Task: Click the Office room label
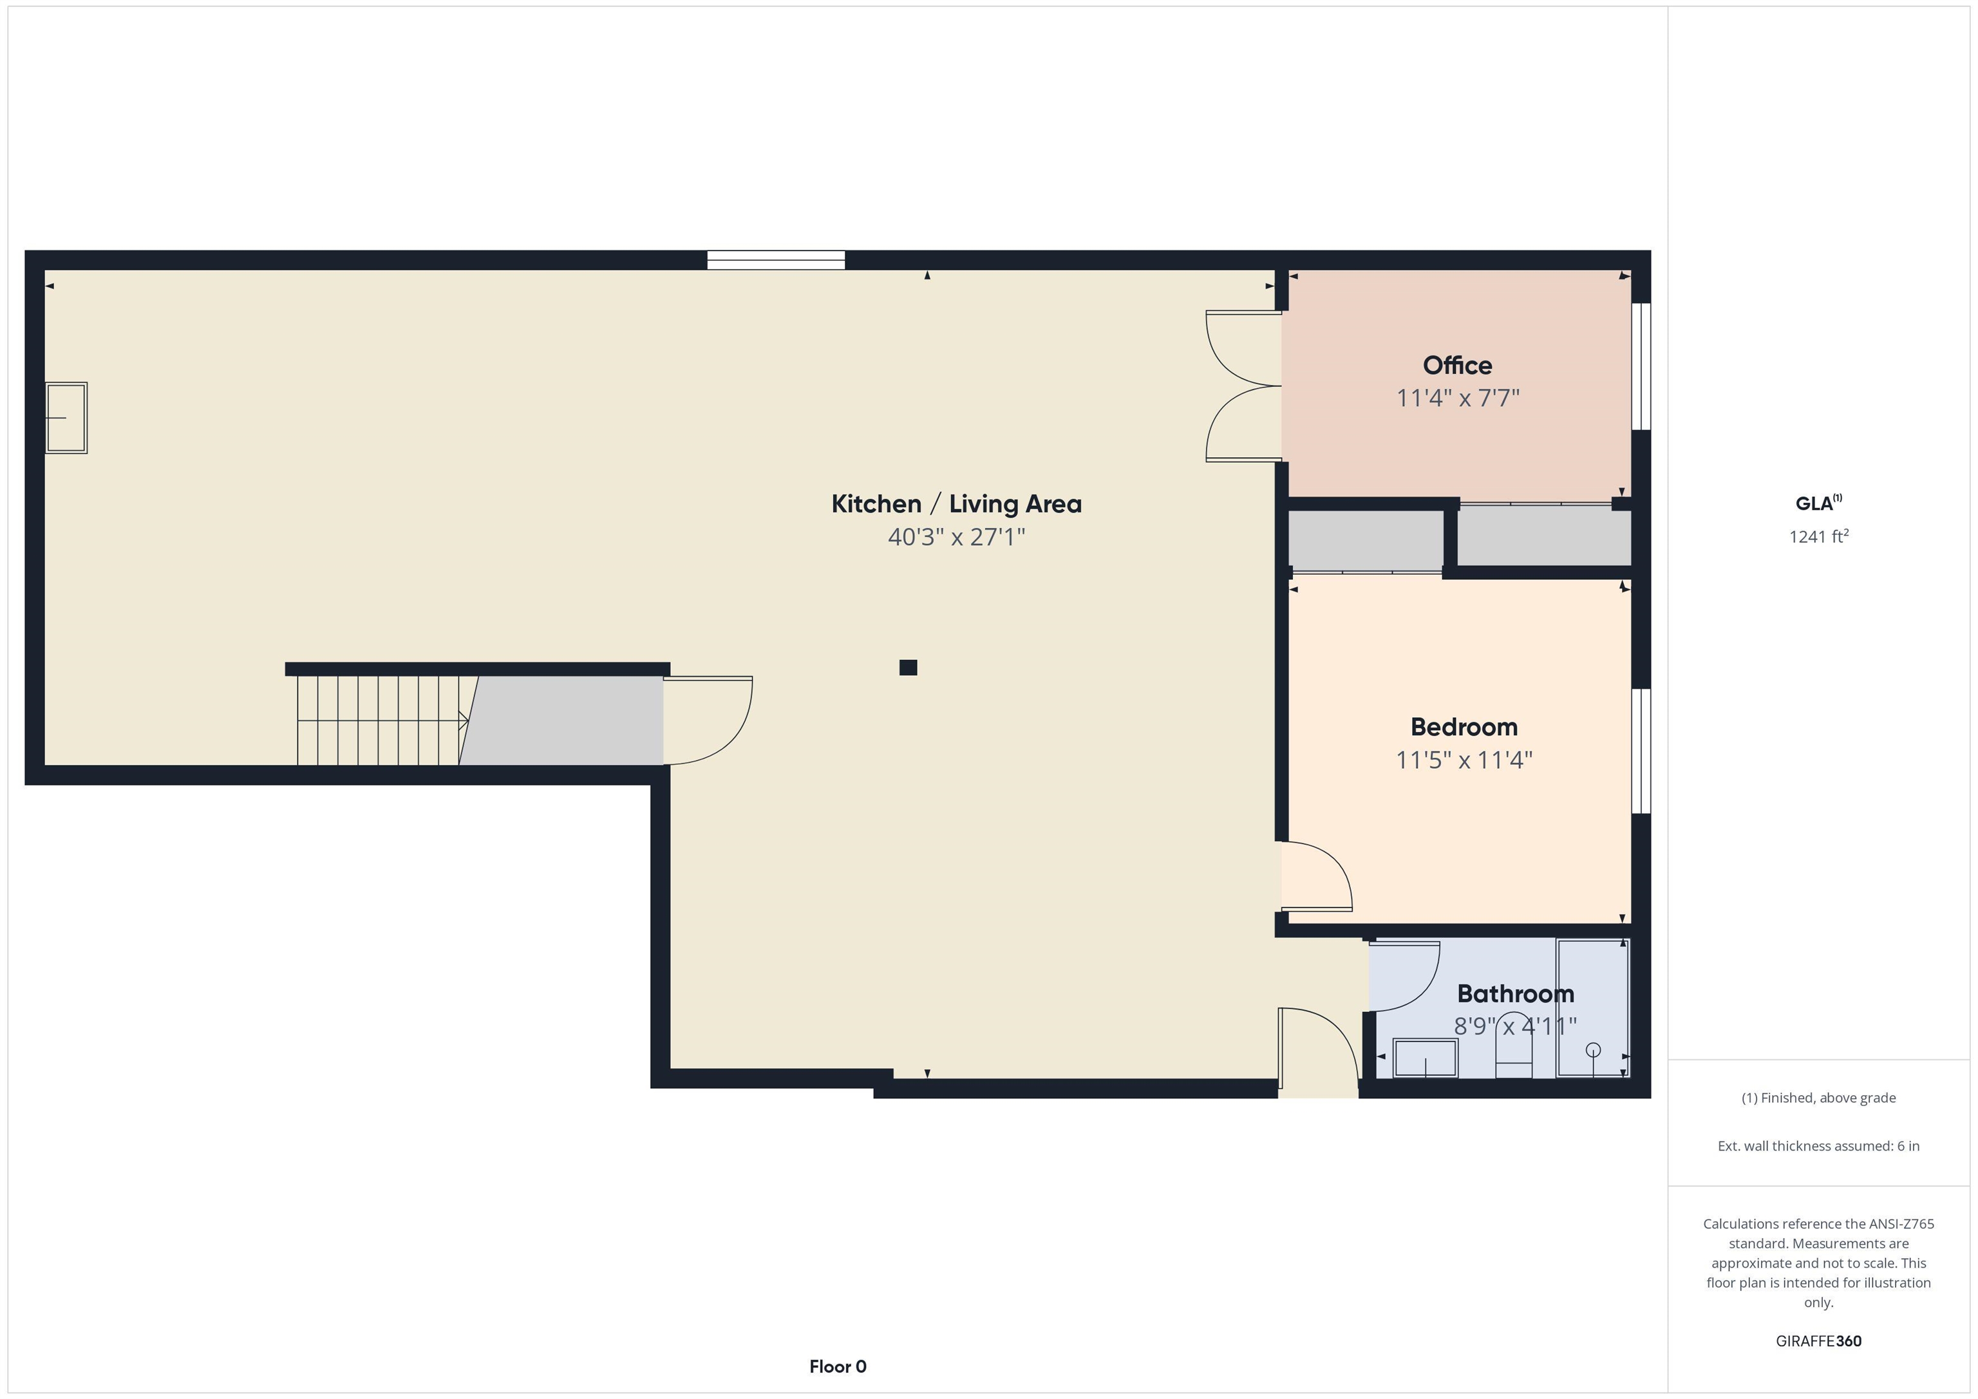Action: (1457, 365)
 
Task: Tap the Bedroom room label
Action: (1464, 727)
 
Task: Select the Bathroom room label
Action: (1516, 994)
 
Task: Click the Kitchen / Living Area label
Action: (956, 504)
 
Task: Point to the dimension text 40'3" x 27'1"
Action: (956, 538)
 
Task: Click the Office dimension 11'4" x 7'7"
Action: (1458, 398)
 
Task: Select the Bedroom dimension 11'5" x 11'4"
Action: (1464, 760)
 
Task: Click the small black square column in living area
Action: (908, 668)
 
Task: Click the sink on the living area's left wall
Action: (66, 418)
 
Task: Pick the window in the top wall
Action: (777, 260)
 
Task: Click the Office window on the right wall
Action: (1641, 366)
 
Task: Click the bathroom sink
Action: (1426, 1058)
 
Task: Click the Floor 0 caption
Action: (838, 1366)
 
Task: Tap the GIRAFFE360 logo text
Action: (1818, 1341)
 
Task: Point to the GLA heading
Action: (1818, 503)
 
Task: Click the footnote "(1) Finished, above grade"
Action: (1818, 1098)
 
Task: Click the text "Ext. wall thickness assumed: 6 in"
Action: (1818, 1146)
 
